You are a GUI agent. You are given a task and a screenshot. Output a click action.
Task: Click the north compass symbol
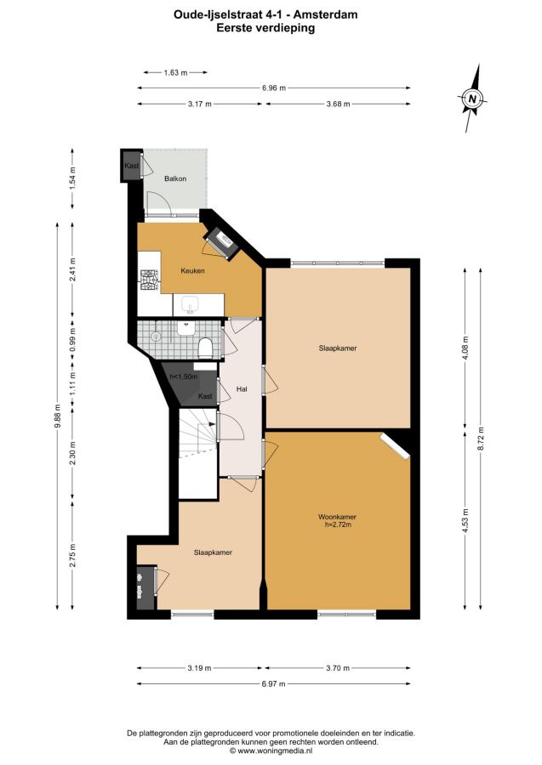[472, 98]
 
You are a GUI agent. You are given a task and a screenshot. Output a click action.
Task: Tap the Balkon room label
[174, 178]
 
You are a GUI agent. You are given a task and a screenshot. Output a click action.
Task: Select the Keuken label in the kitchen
[192, 271]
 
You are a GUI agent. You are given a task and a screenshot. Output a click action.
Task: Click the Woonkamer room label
[337, 517]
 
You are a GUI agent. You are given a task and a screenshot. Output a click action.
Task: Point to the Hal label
[241, 389]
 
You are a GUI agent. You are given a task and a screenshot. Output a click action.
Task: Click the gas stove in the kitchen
[150, 280]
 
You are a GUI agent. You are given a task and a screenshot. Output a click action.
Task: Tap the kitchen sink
[190, 305]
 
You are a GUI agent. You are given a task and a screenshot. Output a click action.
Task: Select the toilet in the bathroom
[206, 347]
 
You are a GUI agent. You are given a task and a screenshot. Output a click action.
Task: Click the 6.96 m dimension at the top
[273, 88]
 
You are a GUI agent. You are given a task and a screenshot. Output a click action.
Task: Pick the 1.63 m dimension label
[176, 73]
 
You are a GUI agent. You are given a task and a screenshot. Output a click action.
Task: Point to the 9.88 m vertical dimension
[58, 416]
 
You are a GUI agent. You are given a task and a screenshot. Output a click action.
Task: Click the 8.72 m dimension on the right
[481, 439]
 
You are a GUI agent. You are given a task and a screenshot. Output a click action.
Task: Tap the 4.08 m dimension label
[465, 348]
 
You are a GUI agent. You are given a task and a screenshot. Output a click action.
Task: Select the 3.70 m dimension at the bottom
[338, 668]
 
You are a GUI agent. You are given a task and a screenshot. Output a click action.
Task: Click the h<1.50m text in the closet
[183, 377]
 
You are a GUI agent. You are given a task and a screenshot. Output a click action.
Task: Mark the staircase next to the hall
[197, 454]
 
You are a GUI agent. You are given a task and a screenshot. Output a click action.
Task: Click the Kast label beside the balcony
[131, 166]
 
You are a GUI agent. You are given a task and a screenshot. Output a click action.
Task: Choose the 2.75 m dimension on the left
[72, 556]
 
